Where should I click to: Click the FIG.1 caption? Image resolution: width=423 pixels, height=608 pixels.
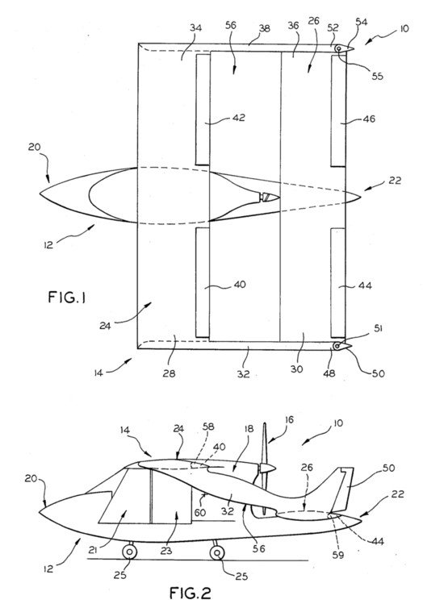[68, 298]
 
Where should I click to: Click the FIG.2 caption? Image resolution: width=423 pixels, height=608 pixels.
[191, 593]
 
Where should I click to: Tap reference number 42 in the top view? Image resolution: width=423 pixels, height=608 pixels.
[239, 117]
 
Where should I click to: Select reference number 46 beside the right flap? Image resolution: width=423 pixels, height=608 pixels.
[369, 119]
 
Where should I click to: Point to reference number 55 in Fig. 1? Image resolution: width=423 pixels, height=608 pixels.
[377, 76]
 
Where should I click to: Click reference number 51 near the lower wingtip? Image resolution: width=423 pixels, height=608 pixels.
[378, 329]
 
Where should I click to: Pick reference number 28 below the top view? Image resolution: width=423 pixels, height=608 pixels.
[170, 373]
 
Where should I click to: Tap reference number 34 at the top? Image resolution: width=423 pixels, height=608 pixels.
[196, 27]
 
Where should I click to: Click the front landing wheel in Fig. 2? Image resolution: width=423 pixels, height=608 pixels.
[129, 552]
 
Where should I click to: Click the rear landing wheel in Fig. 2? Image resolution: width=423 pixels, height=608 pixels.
[217, 552]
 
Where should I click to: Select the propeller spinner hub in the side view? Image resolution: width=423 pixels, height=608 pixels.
[267, 468]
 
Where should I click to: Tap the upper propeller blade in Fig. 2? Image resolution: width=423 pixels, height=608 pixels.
[265, 444]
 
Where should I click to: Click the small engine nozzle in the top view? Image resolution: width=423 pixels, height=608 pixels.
[270, 198]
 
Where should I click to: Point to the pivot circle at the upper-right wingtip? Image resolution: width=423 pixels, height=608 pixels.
[339, 48]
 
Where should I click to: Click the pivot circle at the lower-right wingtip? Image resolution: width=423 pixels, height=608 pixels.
[337, 346]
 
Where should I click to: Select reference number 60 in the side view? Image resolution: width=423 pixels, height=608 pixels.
[200, 513]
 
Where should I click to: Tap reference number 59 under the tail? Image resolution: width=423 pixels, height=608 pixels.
[338, 555]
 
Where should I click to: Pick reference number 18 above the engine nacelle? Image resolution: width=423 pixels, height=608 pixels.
[249, 428]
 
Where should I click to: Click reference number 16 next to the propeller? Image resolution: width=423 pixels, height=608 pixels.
[289, 420]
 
